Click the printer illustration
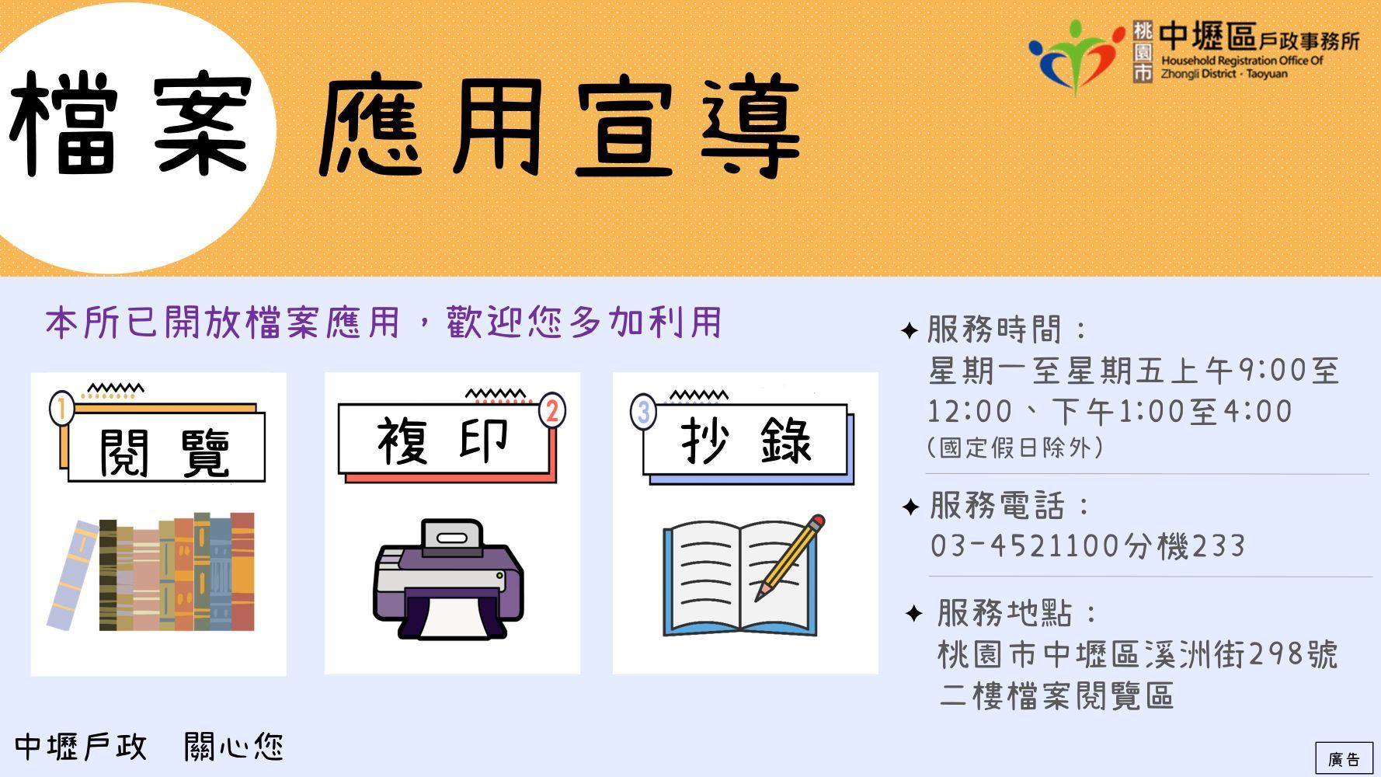(449, 580)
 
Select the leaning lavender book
(73, 574)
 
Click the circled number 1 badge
(61, 408)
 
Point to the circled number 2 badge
(551, 410)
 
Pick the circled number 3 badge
(643, 411)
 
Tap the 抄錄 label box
(745, 441)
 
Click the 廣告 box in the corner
(1344, 759)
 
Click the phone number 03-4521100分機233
(1087, 545)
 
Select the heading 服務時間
(994, 329)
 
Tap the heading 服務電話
(997, 506)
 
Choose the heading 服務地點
(1005, 613)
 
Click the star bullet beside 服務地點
(914, 614)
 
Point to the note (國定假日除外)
(1014, 448)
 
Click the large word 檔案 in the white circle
(130, 124)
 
